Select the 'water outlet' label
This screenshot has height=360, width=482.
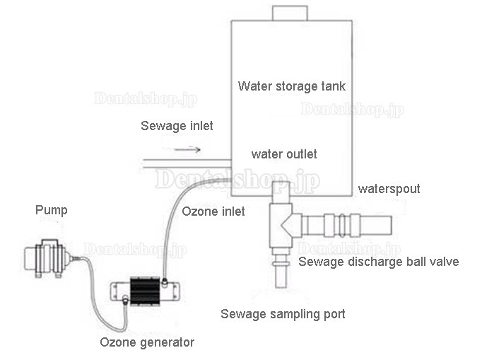click(285, 154)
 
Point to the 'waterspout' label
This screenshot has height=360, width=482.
click(389, 190)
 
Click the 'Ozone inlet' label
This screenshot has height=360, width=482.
click(213, 211)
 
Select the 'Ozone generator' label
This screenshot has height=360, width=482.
click(146, 343)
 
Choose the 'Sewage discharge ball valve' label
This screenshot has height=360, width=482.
click(378, 262)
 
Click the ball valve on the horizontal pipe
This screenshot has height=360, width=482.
click(336, 226)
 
